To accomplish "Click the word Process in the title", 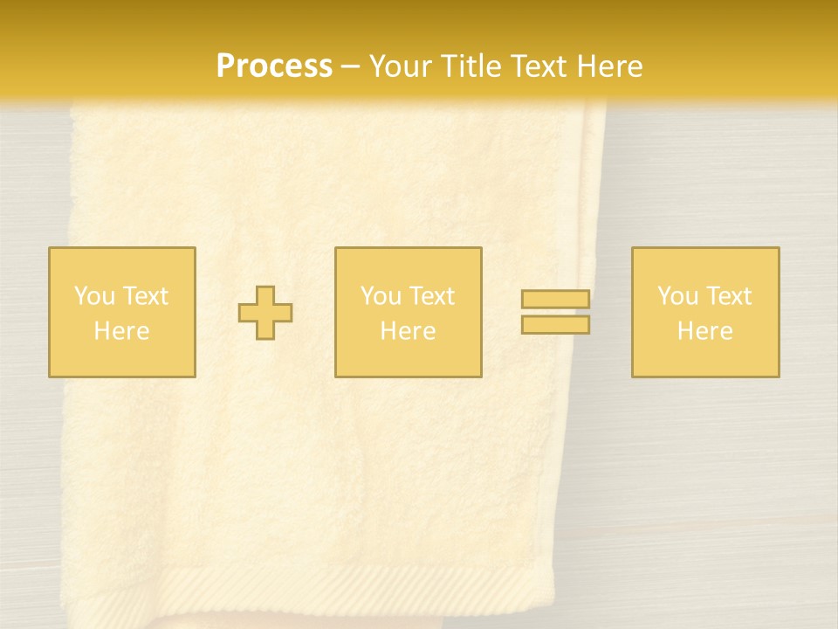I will pos(274,66).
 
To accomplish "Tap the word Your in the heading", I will pos(402,66).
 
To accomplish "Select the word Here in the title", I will pos(608,66).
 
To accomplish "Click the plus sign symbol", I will pos(265,313).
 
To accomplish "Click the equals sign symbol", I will pos(555,312).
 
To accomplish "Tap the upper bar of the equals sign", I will pos(555,300).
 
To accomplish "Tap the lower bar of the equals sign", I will pos(555,325).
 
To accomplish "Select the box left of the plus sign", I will pos(121,312).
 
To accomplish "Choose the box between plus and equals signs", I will pos(408,312).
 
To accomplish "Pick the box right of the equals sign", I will pos(704,312).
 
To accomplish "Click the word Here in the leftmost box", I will pos(121,331).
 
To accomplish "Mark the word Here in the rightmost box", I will pos(704,331).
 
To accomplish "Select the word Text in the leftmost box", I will pos(146,296).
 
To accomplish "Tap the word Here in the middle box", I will pos(408,331).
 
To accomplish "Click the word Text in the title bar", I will pos(540,66).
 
